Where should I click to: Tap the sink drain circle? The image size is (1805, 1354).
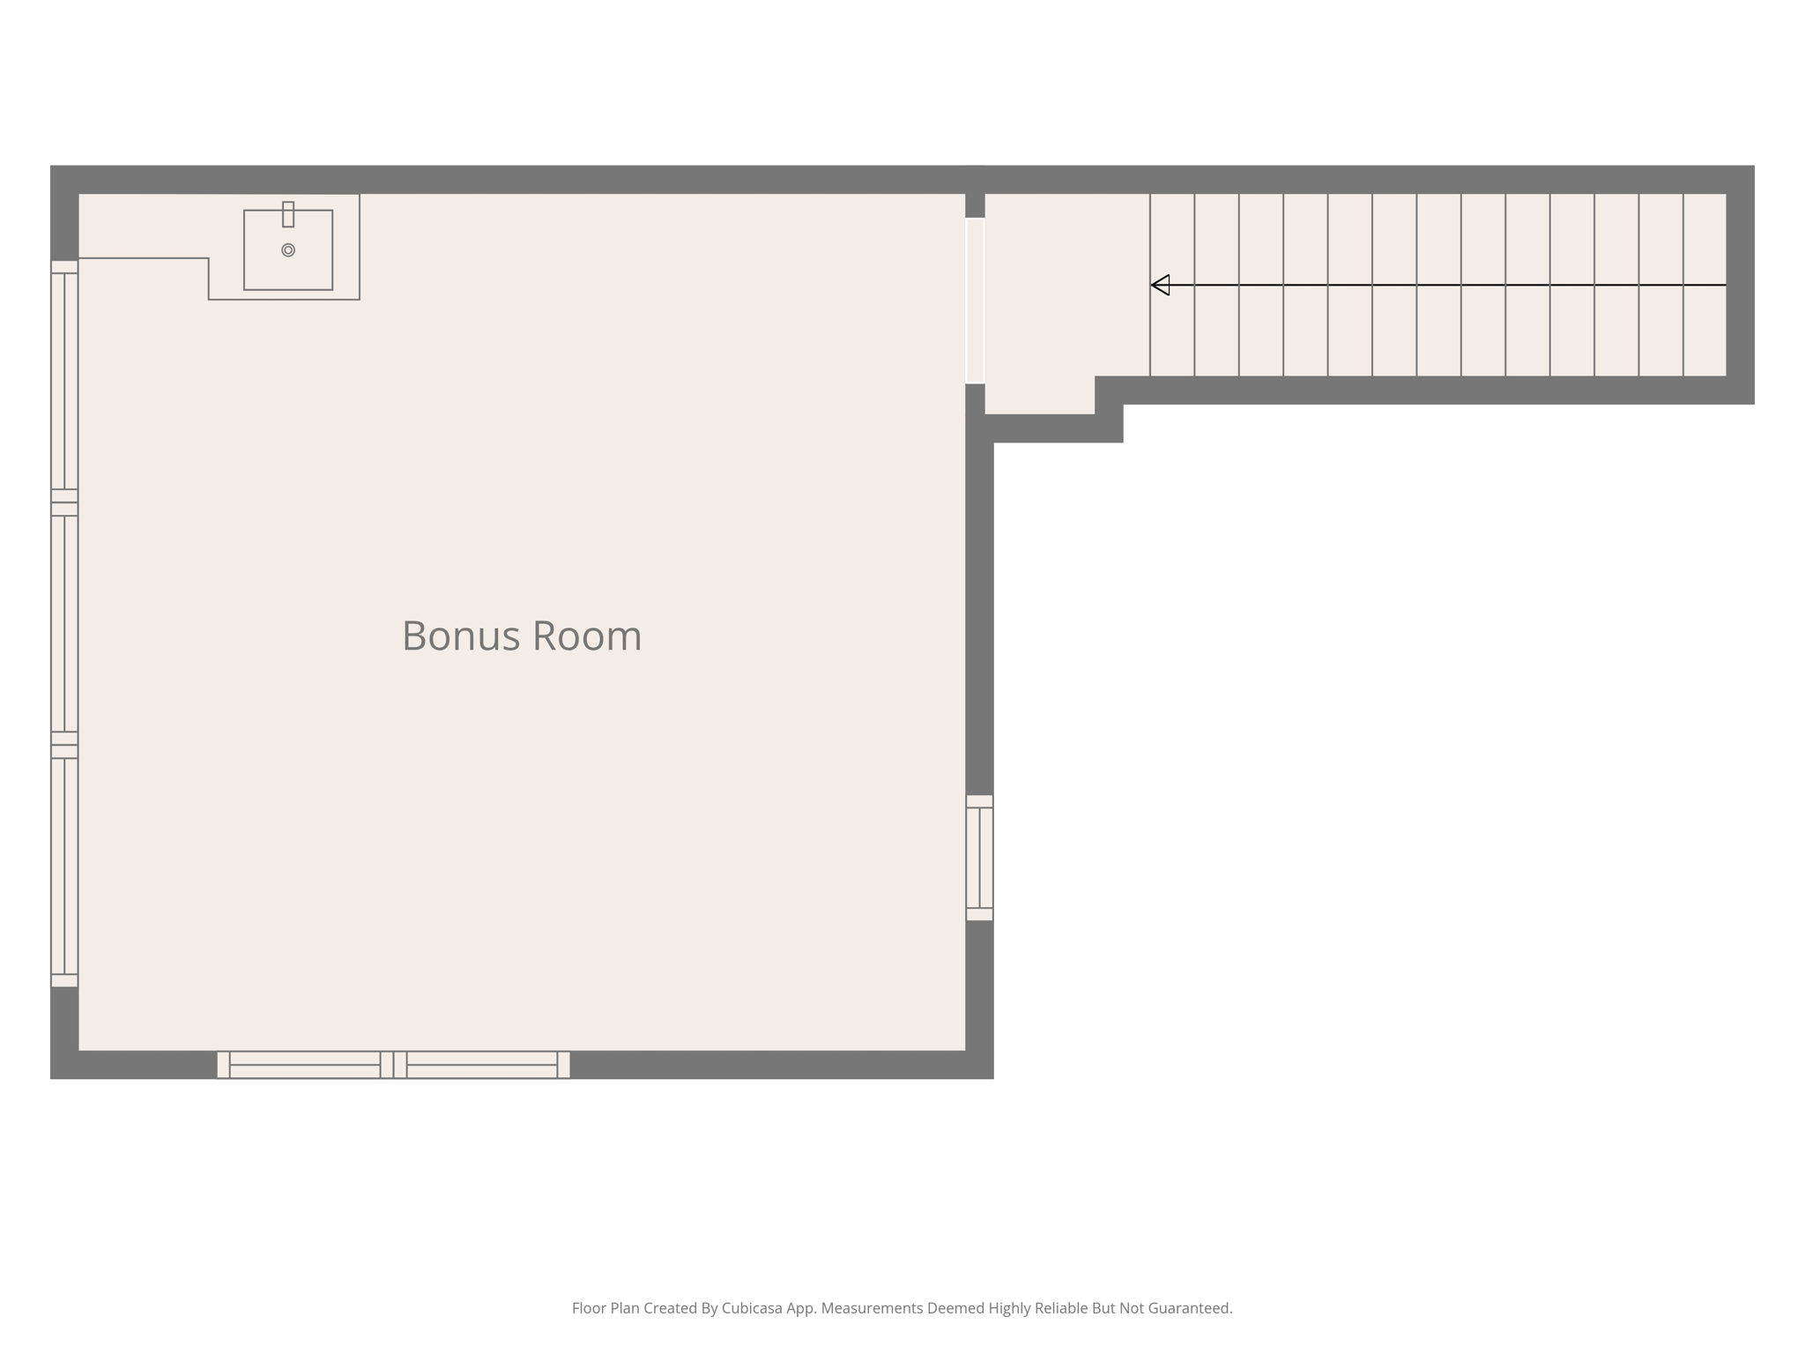[288, 250]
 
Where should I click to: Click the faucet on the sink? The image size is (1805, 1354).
[288, 214]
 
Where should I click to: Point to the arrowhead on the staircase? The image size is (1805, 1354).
[1161, 285]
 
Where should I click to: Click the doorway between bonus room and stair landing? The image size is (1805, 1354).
[975, 301]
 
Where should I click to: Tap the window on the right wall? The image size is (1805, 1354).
[979, 858]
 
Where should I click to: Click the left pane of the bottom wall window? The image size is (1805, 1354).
[305, 1065]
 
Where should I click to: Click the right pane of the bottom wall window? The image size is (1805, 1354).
[482, 1065]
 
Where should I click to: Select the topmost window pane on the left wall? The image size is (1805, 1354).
[64, 381]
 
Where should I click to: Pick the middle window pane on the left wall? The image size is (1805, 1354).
[64, 623]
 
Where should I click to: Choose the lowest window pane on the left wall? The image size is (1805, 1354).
[64, 866]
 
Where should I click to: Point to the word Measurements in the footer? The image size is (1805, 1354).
[872, 1308]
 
